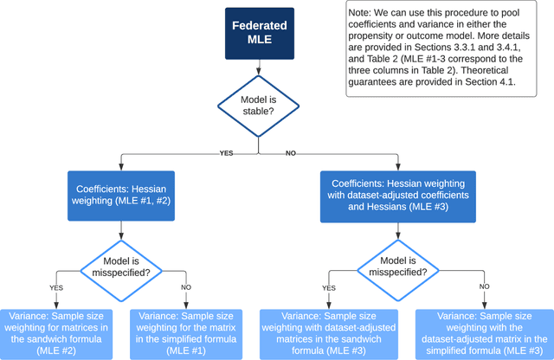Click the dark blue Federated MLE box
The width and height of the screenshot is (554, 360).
[x=258, y=32]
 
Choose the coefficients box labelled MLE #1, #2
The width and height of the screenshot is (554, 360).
[x=120, y=194]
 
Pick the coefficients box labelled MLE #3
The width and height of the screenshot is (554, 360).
[x=399, y=195]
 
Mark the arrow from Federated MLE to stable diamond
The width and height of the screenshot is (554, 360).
[x=258, y=68]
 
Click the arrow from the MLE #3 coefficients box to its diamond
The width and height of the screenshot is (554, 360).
[x=398, y=228]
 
